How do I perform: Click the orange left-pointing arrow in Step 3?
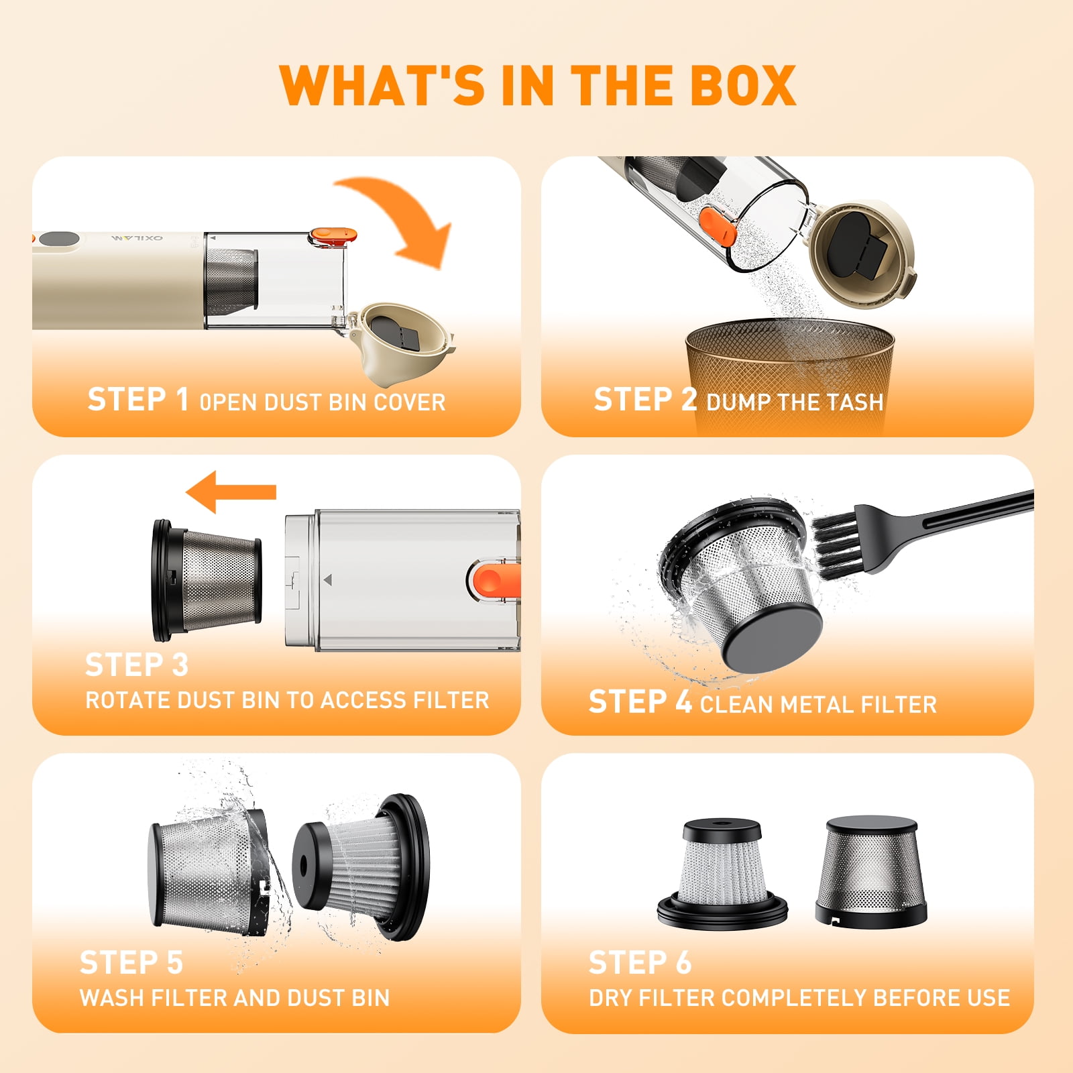(231, 492)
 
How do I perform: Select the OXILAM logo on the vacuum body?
(137, 238)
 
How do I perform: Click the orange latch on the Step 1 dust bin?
(333, 235)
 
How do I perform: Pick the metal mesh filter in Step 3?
(207, 581)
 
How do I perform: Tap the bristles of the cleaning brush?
(838, 540)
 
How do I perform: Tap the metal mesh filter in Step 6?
(870, 870)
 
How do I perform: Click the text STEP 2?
(645, 399)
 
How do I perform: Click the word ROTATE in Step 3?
(127, 700)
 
